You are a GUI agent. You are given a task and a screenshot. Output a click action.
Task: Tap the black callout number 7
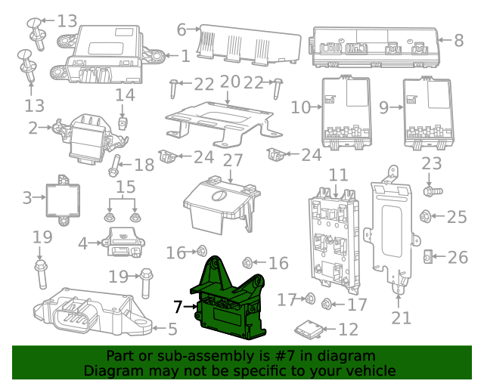178,307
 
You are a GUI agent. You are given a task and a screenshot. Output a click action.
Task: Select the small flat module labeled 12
306,329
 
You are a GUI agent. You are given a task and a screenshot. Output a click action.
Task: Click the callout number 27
233,160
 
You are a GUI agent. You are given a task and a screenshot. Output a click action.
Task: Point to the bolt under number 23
430,181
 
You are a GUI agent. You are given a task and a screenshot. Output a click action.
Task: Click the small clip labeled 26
427,258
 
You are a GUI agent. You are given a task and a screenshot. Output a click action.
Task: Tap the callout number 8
459,40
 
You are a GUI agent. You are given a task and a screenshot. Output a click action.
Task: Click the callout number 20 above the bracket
230,82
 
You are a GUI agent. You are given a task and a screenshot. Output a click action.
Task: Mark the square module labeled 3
59,198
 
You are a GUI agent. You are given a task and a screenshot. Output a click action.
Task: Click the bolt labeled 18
117,165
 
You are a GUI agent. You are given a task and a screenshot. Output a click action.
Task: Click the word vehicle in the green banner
371,370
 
